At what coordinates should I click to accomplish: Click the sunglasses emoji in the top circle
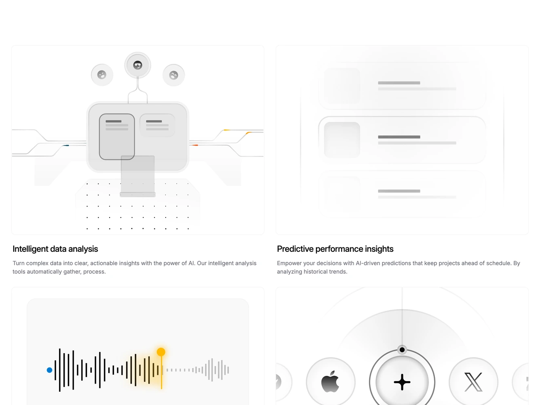(137, 65)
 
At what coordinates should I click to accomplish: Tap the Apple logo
(330, 382)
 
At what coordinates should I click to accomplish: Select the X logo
(473, 382)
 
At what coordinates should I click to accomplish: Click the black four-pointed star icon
(402, 382)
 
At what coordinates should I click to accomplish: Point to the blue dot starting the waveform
(49, 370)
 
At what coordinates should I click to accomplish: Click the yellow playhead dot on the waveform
(161, 352)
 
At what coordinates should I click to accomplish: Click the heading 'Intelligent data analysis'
(55, 249)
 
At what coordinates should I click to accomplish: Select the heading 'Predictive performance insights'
(335, 249)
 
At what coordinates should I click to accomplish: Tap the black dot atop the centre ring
(402, 350)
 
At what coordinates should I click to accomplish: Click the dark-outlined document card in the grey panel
(117, 137)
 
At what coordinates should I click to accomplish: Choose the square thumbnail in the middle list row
(342, 140)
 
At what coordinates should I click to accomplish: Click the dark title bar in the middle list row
(399, 137)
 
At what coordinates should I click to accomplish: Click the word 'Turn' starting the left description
(19, 263)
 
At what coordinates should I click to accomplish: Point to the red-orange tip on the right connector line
(195, 146)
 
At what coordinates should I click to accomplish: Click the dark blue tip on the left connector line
(66, 146)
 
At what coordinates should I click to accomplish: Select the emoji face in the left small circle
(101, 74)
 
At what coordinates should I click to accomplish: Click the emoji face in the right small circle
(174, 75)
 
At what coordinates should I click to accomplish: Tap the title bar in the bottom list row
(399, 191)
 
